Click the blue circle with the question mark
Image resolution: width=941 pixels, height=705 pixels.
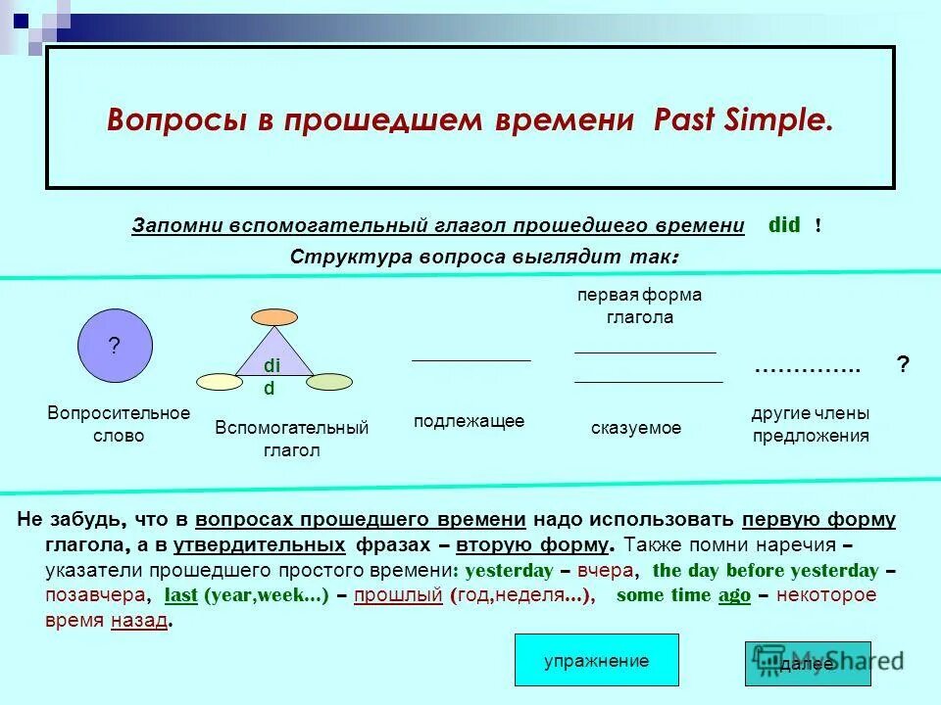(x=115, y=345)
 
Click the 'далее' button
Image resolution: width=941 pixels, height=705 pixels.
(x=807, y=663)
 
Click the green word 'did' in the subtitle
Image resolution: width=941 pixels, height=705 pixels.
(x=784, y=225)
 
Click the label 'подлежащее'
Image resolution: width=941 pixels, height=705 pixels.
(x=469, y=421)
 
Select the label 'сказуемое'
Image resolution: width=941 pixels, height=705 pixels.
(x=636, y=428)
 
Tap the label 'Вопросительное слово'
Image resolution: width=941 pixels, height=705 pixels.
(x=119, y=424)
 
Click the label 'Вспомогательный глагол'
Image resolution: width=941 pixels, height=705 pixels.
(x=291, y=439)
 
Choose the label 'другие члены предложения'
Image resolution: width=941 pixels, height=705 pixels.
(x=811, y=425)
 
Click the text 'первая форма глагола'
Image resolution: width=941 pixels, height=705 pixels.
(x=639, y=305)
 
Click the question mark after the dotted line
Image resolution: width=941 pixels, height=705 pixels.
(x=903, y=364)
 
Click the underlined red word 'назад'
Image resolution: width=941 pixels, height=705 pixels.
(x=138, y=621)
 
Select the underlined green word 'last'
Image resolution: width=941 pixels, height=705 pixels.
(x=181, y=595)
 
